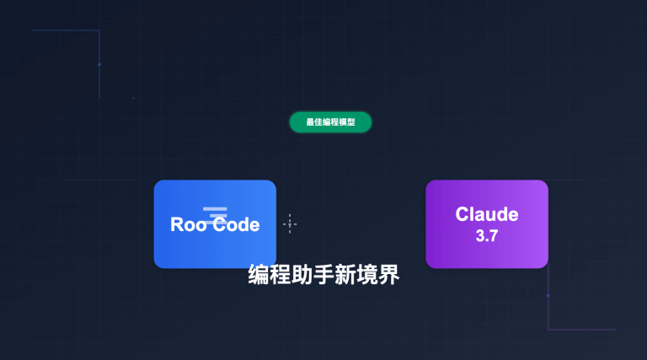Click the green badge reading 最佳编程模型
(x=330, y=122)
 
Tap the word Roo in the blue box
(x=189, y=224)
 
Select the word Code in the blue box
(x=235, y=224)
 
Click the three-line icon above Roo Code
(x=215, y=212)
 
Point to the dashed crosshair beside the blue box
(x=290, y=223)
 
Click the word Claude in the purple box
(x=487, y=214)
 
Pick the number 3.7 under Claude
(x=487, y=236)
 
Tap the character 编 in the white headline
(x=259, y=275)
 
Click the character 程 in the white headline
(x=281, y=275)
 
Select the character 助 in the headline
(x=302, y=275)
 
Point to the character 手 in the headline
(x=323, y=275)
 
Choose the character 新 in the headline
(x=345, y=275)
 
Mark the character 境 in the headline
(x=366, y=275)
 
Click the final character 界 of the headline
(x=388, y=275)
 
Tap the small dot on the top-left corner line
(x=99, y=63)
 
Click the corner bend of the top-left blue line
(x=99, y=30)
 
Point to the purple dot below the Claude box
(x=548, y=295)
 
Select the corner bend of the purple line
(x=548, y=329)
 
